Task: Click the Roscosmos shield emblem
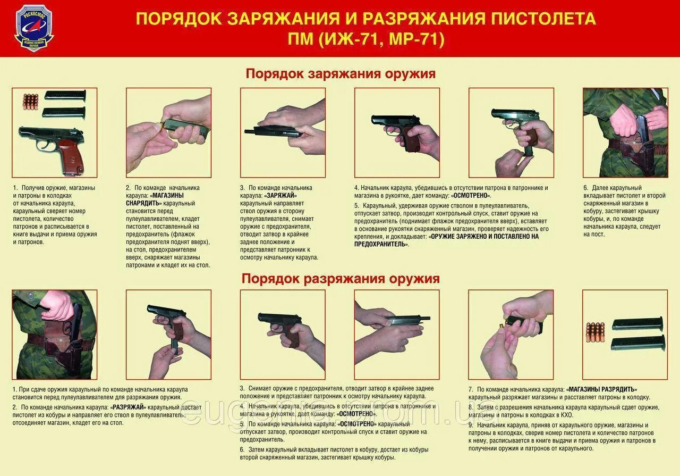34,28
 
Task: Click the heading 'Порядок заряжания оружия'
341,74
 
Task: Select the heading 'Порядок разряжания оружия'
341,279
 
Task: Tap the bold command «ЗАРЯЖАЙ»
280,195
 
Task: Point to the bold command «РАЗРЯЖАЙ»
128,407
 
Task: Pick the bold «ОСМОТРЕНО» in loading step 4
471,195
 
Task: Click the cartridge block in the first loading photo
31,102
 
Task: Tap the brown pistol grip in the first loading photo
72,157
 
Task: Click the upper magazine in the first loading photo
65,95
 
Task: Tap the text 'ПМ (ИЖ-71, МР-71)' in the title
366,39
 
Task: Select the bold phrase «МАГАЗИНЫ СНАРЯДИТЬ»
155,199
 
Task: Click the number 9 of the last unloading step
470,425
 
